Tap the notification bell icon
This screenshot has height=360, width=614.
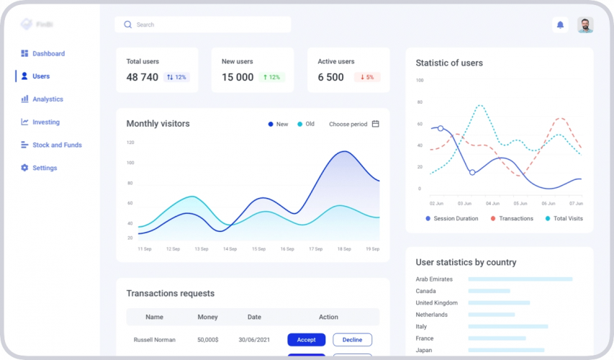[x=560, y=25]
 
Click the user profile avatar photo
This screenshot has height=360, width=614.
[x=585, y=25]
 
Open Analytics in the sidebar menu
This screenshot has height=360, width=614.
[x=48, y=99]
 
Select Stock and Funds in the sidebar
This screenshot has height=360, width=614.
[x=57, y=145]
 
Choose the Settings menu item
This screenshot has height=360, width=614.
[x=44, y=168]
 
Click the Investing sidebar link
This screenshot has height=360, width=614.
[x=45, y=122]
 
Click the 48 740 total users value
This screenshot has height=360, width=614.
[x=142, y=77]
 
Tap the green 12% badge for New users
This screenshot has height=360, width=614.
[x=272, y=77]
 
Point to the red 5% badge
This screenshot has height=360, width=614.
[x=367, y=77]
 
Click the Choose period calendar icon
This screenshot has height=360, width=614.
[x=375, y=124]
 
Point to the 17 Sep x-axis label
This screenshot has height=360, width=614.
[x=315, y=249]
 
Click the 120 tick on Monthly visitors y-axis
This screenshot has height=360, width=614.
[x=130, y=143]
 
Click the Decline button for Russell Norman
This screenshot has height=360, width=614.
[x=352, y=340]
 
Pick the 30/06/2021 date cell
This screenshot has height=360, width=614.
[x=254, y=340]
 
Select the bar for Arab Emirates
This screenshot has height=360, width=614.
[x=520, y=279]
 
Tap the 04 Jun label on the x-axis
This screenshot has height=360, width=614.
[x=492, y=204]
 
